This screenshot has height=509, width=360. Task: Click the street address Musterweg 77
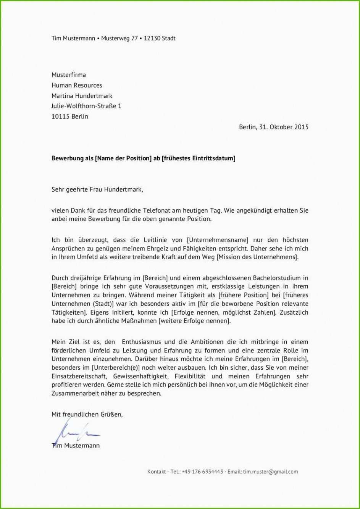(119, 38)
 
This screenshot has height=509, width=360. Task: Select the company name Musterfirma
(69, 75)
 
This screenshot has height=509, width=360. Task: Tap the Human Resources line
(77, 85)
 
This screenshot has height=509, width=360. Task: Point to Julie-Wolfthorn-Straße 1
(86, 106)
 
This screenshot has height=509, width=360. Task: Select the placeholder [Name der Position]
(123, 158)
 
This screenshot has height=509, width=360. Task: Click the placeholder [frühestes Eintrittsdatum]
(199, 158)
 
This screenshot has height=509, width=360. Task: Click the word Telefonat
(157, 210)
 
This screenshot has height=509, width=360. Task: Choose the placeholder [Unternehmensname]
(217, 240)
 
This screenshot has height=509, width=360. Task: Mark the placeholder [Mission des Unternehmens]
(257, 257)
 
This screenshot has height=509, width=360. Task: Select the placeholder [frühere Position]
(243, 295)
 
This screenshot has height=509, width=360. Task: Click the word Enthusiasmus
(142, 342)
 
